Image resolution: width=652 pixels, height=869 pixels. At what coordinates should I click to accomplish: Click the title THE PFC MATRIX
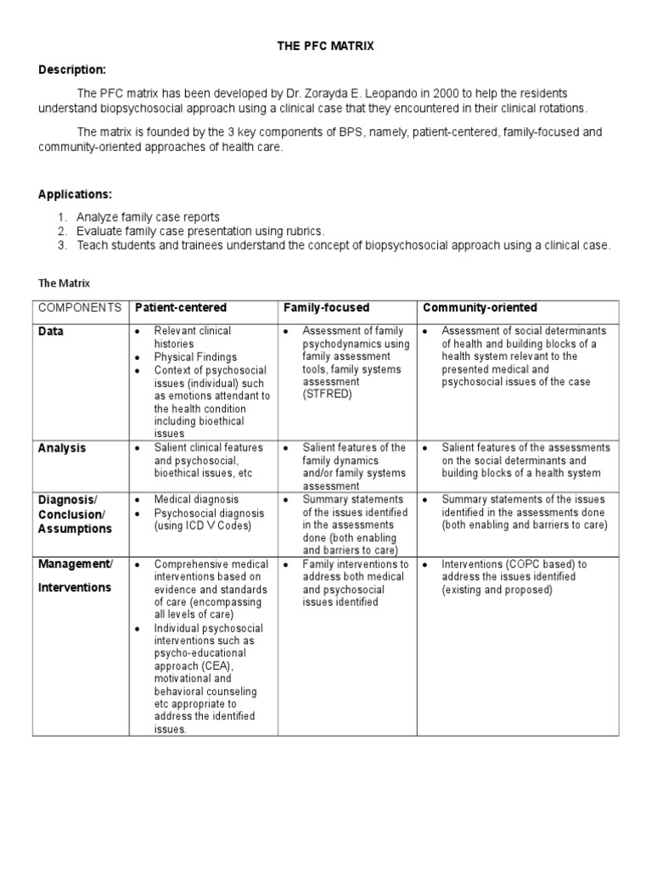[325, 47]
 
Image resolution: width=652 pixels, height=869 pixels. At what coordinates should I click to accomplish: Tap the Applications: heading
[75, 194]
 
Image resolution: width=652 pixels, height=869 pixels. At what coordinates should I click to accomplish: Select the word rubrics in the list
[306, 231]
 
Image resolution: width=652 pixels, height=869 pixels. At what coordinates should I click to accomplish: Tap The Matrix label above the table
[65, 283]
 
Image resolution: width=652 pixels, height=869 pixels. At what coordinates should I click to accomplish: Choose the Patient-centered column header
[181, 307]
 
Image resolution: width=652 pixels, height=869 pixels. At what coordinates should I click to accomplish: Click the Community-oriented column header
[480, 307]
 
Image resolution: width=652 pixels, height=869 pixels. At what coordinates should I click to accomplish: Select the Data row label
[51, 332]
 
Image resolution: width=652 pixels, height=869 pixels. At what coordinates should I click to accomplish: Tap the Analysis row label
[62, 448]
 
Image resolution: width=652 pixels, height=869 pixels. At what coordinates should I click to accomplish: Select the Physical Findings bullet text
[195, 357]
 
